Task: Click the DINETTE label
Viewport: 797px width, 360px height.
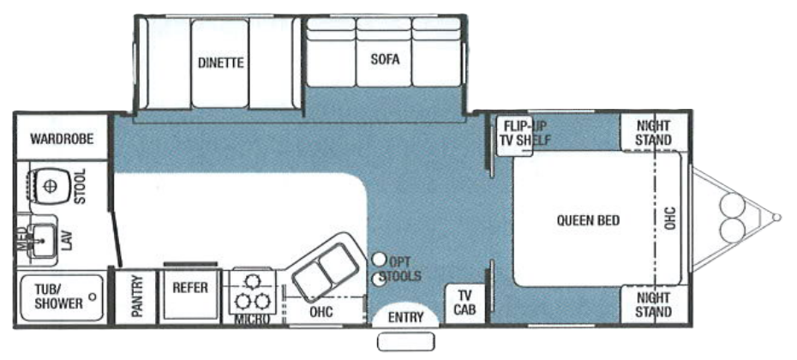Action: pyautogui.click(x=221, y=63)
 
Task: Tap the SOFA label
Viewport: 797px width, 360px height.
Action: pyautogui.click(x=385, y=59)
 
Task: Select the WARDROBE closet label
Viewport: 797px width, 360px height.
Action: pyautogui.click(x=62, y=138)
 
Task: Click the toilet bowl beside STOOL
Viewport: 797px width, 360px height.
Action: pyautogui.click(x=50, y=186)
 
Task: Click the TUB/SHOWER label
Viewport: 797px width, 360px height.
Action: pyautogui.click(x=59, y=297)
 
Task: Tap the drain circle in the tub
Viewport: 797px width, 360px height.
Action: pyautogui.click(x=92, y=297)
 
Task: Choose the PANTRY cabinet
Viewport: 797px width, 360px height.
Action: pyautogui.click(x=135, y=297)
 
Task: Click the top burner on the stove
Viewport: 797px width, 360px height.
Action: pyautogui.click(x=252, y=281)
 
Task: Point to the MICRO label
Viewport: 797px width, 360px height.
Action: pyautogui.click(x=252, y=320)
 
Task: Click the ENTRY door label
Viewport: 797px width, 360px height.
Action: pyautogui.click(x=405, y=317)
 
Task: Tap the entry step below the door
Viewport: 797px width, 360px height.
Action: pyautogui.click(x=405, y=342)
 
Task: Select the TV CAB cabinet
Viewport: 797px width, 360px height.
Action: pyautogui.click(x=465, y=303)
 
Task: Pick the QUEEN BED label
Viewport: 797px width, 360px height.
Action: pyautogui.click(x=588, y=220)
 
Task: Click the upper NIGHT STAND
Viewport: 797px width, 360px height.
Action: pyautogui.click(x=654, y=132)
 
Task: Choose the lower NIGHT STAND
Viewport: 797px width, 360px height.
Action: pyautogui.click(x=654, y=304)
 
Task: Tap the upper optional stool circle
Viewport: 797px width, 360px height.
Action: pyautogui.click(x=378, y=260)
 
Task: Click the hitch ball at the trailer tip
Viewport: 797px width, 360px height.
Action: pyautogui.click(x=776, y=218)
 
